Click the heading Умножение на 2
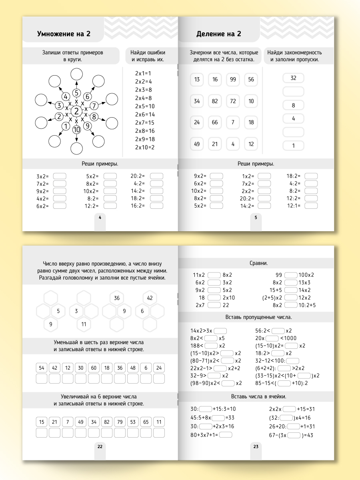click(x=64, y=34)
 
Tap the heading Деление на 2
click(x=218, y=34)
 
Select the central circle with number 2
click(x=76, y=111)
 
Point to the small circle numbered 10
click(x=76, y=129)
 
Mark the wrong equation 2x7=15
click(x=144, y=122)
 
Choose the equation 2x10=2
click(x=144, y=147)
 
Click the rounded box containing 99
click(x=233, y=80)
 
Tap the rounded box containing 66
click(x=215, y=122)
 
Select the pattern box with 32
click(x=293, y=78)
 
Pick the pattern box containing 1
click(x=293, y=146)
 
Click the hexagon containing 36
click(x=117, y=298)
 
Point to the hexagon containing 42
click(x=150, y=298)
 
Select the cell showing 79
click(x=120, y=422)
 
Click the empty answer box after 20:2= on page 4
click(x=157, y=176)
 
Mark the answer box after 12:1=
click(x=311, y=206)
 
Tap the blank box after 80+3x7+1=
click(x=226, y=435)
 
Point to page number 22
click(x=100, y=446)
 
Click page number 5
click(x=256, y=217)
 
